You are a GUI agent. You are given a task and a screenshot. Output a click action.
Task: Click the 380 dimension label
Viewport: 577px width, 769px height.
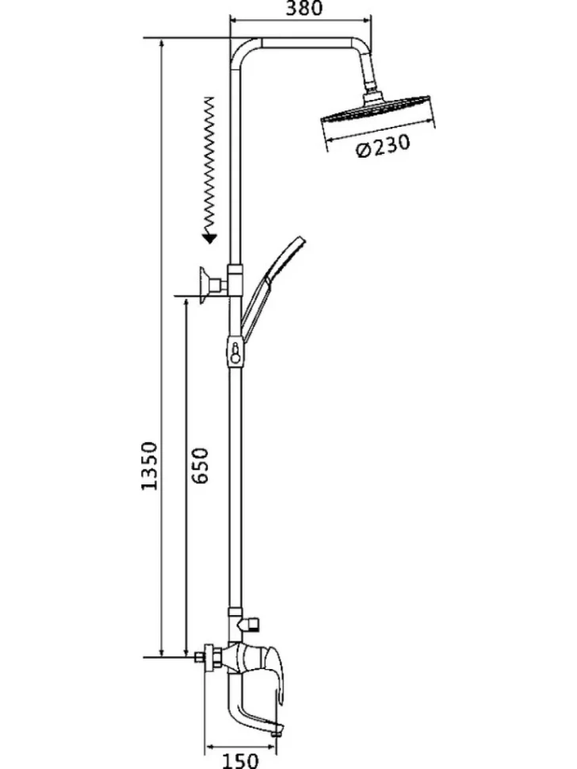[x=304, y=8]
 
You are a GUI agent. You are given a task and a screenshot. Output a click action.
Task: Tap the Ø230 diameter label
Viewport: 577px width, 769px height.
[x=383, y=146]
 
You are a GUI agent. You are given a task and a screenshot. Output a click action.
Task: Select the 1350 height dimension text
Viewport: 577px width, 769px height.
[x=149, y=466]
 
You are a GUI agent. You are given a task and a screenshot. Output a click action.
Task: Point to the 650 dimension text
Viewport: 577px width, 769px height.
[x=200, y=465]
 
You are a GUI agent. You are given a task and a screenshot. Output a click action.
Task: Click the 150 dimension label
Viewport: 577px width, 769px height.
[x=239, y=760]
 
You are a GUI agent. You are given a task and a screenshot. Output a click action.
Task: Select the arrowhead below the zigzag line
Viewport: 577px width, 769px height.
[x=210, y=239]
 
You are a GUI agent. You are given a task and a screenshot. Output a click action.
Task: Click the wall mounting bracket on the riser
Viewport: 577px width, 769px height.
[x=212, y=285]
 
